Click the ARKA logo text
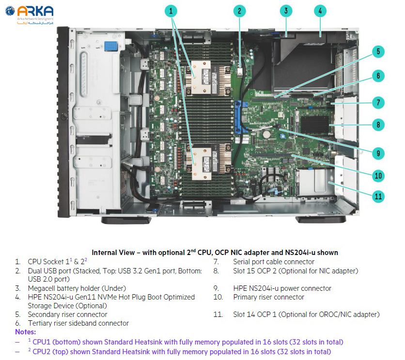35,11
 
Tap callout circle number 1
171,11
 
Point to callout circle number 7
378,103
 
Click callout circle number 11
378,196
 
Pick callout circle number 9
378,153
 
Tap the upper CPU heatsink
209,77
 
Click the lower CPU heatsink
209,162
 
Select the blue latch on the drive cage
111,46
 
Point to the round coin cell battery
266,134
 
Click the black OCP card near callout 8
315,125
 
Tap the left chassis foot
126,220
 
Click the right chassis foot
321,220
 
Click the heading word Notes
25,332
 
